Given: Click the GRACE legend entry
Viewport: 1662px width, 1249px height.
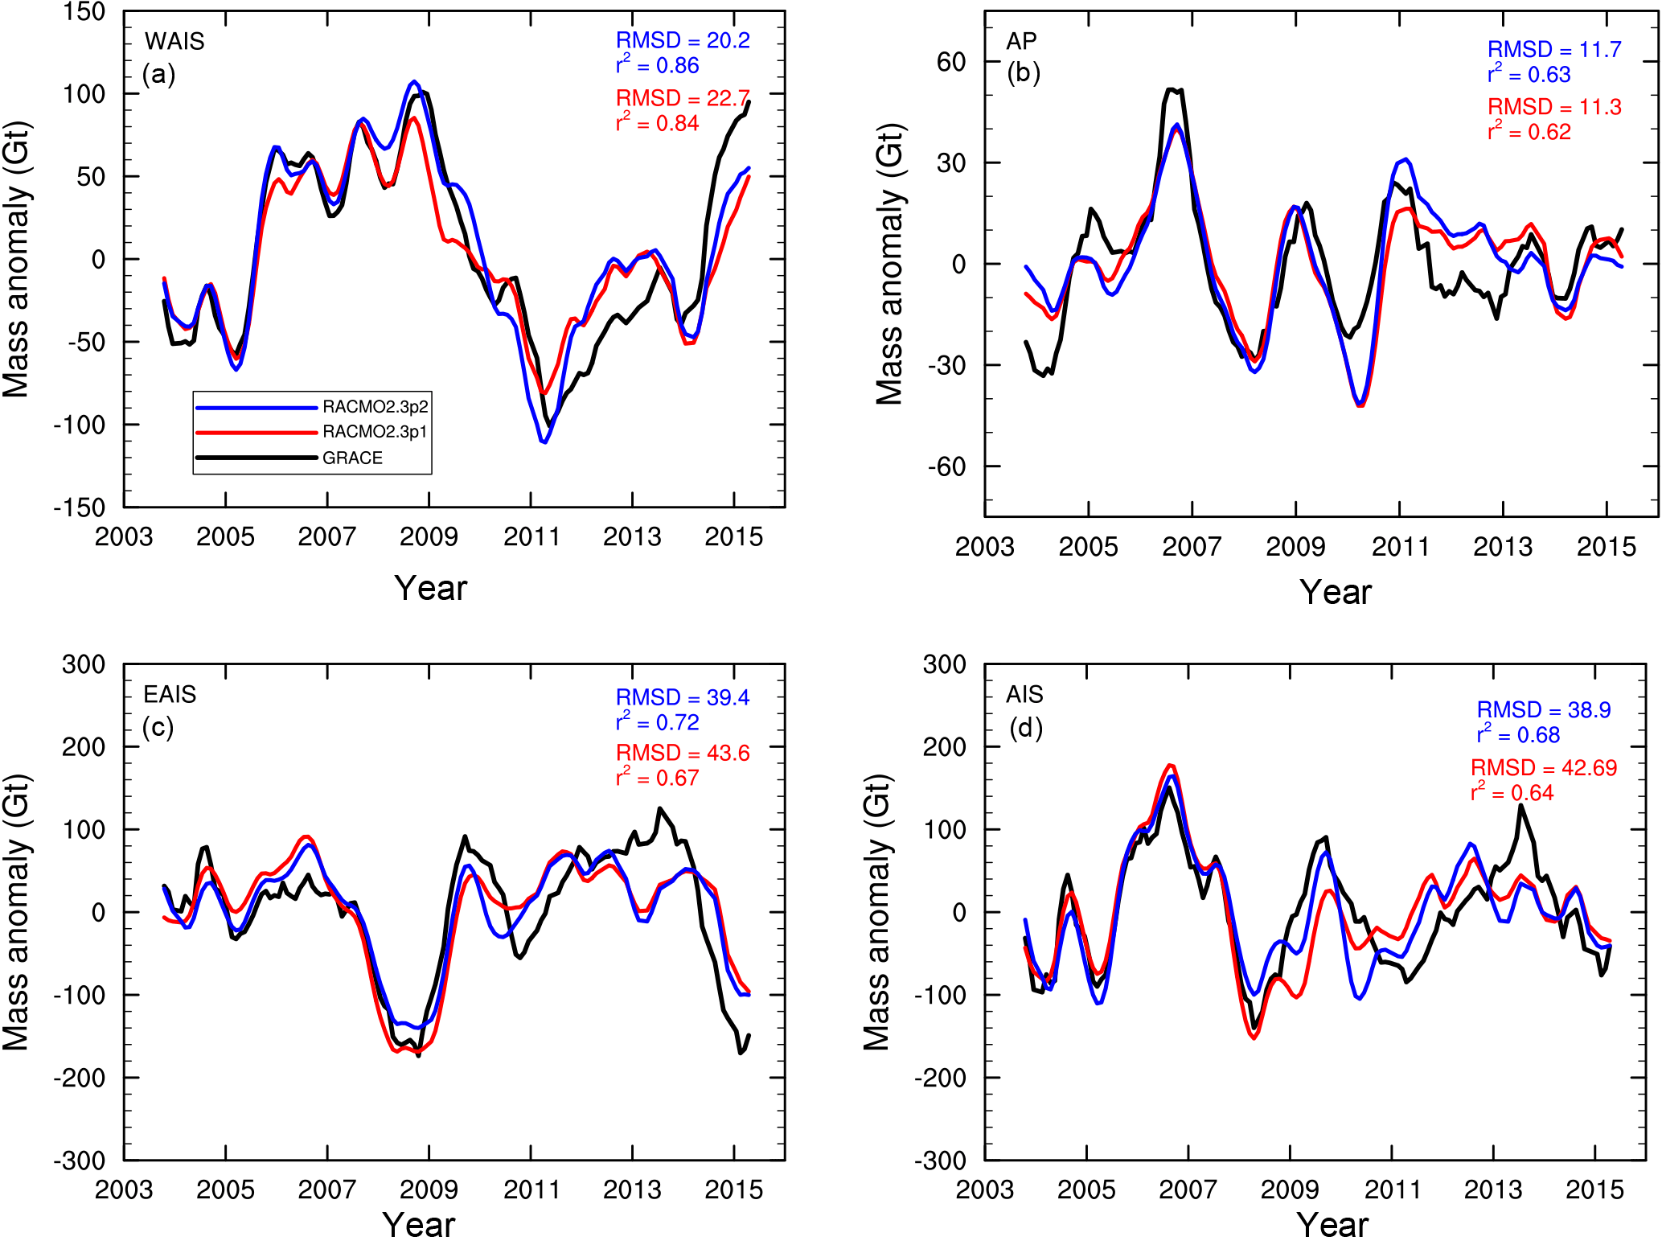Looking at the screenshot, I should tap(352, 458).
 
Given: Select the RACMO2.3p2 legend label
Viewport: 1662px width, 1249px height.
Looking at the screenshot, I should tap(375, 407).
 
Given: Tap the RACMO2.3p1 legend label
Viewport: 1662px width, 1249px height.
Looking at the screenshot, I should tap(375, 432).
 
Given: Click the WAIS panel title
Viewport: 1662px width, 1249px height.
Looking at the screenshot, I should tap(174, 41).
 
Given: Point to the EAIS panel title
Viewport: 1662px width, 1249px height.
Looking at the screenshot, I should tap(170, 694).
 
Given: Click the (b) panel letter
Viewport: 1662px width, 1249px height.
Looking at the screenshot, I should tap(1024, 73).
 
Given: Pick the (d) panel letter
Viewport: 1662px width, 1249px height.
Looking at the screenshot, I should tap(1026, 728).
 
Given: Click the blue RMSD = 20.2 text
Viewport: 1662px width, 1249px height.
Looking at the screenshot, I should tap(683, 40).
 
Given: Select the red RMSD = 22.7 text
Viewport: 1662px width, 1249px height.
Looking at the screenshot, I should tap(683, 98).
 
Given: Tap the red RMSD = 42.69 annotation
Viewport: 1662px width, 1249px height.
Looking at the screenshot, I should tap(1544, 767).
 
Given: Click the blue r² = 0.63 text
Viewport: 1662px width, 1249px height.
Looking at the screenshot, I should tap(1529, 75).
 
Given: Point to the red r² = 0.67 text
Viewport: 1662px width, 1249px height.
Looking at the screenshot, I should tap(657, 778).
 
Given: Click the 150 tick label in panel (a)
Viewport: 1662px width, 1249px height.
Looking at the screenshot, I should tap(84, 12).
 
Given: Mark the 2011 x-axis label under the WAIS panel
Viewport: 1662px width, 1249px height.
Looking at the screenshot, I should tap(531, 536).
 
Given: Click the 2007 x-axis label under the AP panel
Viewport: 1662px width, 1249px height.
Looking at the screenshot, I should tap(1192, 547).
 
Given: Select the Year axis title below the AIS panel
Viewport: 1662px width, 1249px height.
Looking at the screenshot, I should tap(1332, 1225).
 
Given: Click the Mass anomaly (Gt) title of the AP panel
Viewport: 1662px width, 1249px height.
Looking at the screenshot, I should tap(890, 264).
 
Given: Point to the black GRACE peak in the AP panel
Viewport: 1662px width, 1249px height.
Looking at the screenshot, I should tap(1173, 89).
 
